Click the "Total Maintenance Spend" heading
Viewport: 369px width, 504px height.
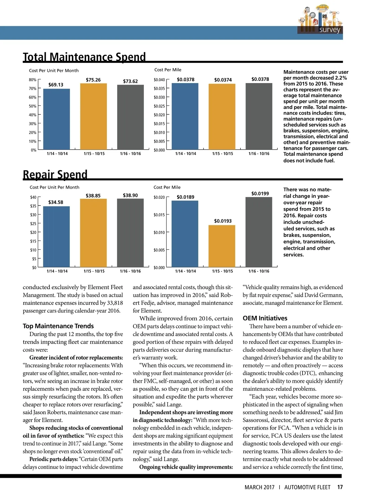[x=84, y=57]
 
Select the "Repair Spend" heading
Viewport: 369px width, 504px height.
[x=55, y=174]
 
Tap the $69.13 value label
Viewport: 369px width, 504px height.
[x=56, y=85]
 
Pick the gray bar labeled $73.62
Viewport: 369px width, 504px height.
[x=130, y=117]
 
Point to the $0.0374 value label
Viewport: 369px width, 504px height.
[x=223, y=80]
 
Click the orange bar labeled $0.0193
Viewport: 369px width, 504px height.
[x=222, y=246]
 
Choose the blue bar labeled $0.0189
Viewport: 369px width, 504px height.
[x=185, y=234]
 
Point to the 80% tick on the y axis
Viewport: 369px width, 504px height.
[x=33, y=80]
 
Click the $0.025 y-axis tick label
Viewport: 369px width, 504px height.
[x=159, y=106]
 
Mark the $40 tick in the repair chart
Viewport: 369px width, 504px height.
[x=33, y=197]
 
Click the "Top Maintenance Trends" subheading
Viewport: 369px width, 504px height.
[x=58, y=326]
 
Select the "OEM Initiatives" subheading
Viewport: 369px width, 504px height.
[x=265, y=318]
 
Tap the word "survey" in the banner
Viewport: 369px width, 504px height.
[x=330, y=30]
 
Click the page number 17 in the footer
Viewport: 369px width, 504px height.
[x=340, y=487]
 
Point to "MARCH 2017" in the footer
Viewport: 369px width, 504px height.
[x=259, y=487]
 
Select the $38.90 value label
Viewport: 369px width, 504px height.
[x=130, y=195]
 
